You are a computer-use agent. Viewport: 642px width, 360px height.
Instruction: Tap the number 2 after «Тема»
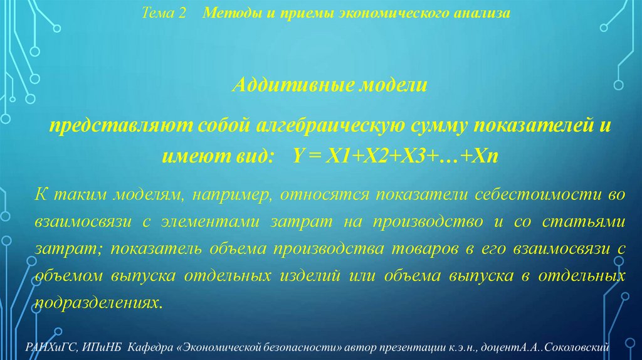click(x=182, y=14)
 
